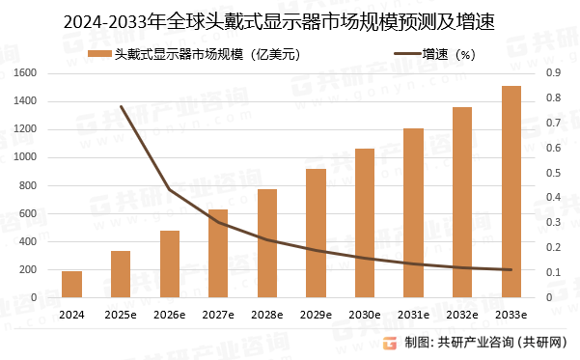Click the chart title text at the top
point(290,20)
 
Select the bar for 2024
point(71,285)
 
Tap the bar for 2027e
point(218,254)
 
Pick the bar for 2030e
point(365,224)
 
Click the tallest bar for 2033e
point(511,192)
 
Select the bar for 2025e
point(121,275)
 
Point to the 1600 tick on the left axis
point(25,73)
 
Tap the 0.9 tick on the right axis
point(553,73)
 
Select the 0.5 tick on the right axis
point(553,173)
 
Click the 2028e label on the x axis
point(267,315)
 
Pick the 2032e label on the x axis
point(462,315)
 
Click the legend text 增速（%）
point(457,55)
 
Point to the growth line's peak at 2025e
point(121,106)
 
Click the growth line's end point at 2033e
point(511,270)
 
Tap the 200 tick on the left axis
point(28,270)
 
